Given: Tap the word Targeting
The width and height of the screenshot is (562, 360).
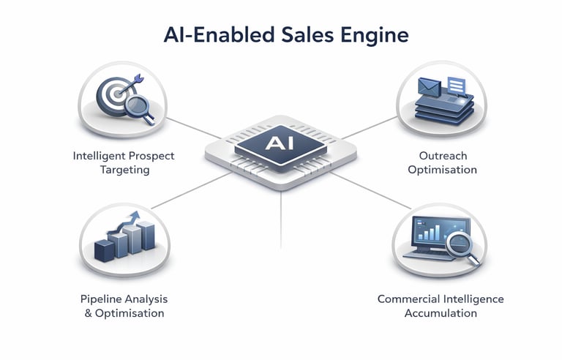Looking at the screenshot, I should click(x=124, y=170).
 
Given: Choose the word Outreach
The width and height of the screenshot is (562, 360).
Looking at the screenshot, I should click(x=443, y=156).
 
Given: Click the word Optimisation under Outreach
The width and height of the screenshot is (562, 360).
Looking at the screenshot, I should click(x=443, y=170).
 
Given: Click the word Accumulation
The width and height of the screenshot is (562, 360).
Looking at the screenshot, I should click(x=441, y=313).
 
